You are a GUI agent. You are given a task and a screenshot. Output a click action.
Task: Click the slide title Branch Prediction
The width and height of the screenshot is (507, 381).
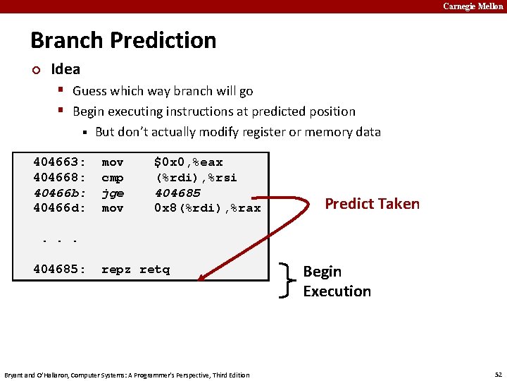point(123,40)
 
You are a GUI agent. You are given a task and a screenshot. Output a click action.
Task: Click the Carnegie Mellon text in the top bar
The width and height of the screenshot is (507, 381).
point(472,6)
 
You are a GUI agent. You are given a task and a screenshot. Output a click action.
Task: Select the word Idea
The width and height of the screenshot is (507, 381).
point(65,69)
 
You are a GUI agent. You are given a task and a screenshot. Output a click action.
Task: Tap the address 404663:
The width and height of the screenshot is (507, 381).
point(59,162)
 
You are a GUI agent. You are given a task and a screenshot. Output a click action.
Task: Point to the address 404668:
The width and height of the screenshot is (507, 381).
point(59,178)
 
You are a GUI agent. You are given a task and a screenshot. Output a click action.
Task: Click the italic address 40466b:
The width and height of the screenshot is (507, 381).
point(59,193)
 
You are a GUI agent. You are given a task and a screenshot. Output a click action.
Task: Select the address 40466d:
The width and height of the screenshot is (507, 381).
point(59,208)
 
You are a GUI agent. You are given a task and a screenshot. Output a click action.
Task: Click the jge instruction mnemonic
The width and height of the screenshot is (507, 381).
point(113,193)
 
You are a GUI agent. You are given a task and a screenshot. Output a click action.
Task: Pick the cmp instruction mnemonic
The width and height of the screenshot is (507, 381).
point(113,178)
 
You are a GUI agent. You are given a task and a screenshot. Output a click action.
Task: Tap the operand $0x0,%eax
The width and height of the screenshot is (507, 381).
point(188,162)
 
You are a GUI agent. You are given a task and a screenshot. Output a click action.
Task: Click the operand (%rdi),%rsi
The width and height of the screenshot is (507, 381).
point(196,178)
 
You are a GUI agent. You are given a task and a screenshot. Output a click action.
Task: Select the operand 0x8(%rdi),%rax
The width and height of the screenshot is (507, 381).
point(207,208)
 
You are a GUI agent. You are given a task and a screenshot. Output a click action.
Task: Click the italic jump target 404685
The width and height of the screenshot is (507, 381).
point(177,193)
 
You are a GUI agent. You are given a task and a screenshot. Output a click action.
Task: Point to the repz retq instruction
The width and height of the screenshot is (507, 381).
point(135,270)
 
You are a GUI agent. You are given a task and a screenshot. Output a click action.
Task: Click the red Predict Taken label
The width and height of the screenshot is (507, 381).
point(371,204)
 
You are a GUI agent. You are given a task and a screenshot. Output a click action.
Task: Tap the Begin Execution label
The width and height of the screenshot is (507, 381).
point(337,281)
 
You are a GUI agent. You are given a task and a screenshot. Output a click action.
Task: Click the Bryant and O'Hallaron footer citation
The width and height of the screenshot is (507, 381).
point(127,375)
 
